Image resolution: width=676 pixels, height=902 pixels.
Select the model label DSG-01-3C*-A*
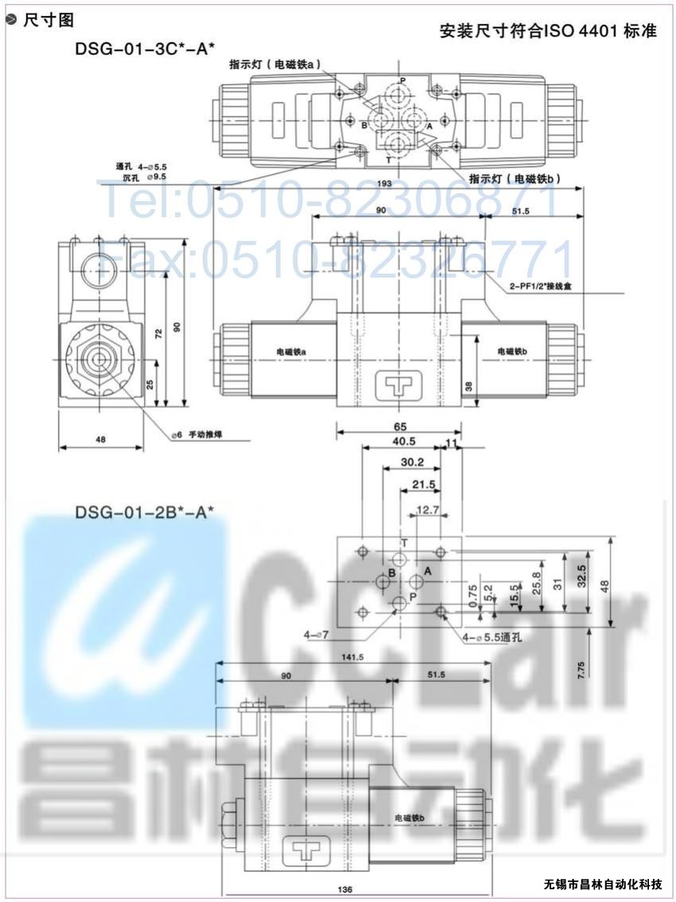(145, 49)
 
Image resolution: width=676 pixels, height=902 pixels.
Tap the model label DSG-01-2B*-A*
(145, 512)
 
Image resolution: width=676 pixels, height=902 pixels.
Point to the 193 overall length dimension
(385, 184)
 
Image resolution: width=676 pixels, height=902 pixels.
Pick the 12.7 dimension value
(427, 509)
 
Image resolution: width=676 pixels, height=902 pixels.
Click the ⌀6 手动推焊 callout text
(199, 434)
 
